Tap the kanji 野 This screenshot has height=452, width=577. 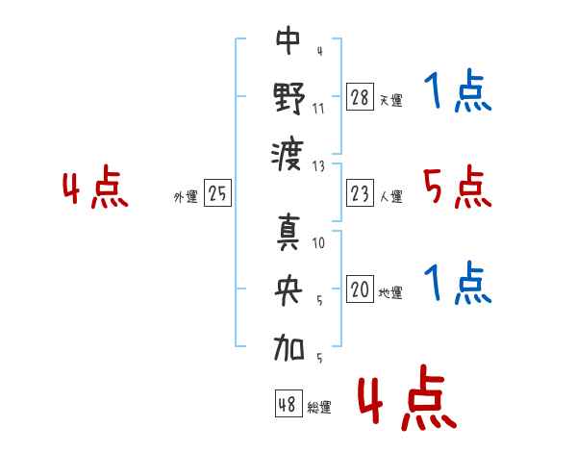pos(288,98)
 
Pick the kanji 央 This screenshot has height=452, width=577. pos(288,290)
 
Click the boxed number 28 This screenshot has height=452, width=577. pos(360,98)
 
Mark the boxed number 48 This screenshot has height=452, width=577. pos(288,404)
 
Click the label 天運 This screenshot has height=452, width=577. pos(390,100)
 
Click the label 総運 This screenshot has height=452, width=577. pos(319,407)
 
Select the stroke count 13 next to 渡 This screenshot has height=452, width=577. pos(319,165)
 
